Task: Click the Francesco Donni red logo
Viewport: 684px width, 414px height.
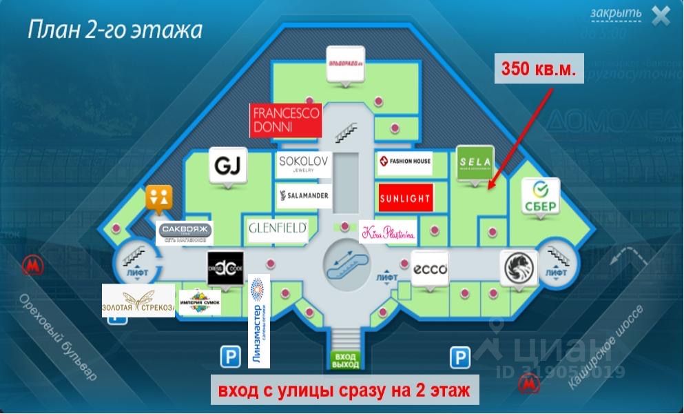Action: pos(285,121)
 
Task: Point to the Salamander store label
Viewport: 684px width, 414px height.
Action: pos(304,197)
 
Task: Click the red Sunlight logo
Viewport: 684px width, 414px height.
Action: pos(406,198)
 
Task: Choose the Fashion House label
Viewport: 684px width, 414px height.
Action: pos(404,163)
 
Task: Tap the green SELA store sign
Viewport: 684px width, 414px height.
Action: pos(475,163)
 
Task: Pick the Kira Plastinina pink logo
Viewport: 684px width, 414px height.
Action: pos(388,233)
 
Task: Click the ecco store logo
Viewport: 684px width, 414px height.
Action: pos(431,268)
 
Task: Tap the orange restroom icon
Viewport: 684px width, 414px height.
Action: pos(158,197)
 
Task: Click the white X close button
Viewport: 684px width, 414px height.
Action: pos(661,16)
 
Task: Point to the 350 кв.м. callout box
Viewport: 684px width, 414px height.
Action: pos(539,69)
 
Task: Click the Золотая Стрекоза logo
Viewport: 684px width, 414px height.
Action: pos(138,301)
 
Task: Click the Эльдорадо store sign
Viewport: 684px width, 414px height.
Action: pos(344,63)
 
